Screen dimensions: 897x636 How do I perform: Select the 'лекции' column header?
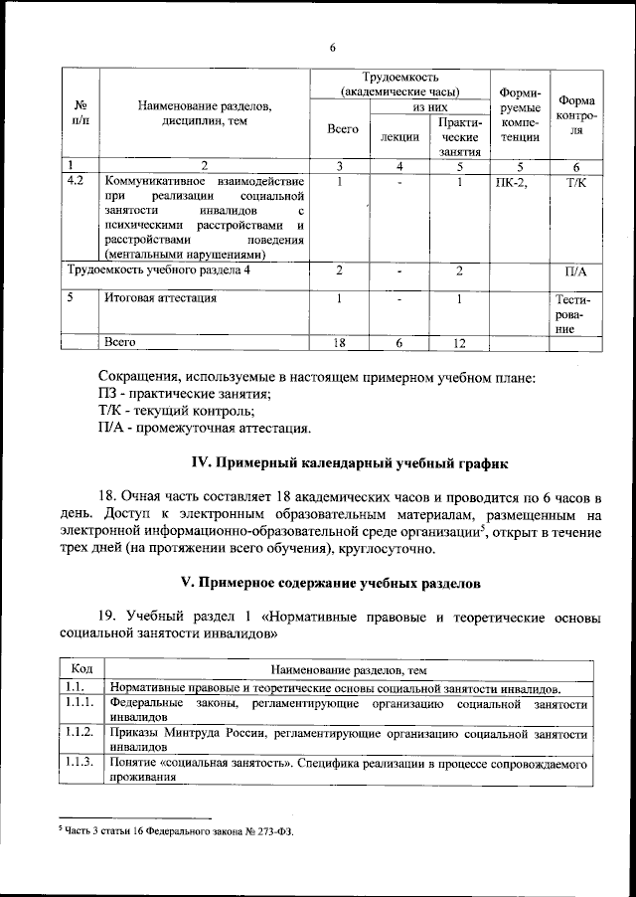click(x=399, y=136)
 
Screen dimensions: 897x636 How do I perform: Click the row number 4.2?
click(x=75, y=182)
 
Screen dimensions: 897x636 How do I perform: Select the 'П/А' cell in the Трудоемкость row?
click(x=576, y=270)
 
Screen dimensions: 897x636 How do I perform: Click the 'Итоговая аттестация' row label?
click(x=160, y=297)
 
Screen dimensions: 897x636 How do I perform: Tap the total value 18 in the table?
click(x=341, y=342)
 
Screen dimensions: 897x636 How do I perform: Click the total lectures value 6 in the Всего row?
click(x=399, y=342)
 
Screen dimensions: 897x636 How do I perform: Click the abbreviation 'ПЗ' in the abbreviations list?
click(x=110, y=394)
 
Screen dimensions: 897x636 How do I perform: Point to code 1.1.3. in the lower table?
click(x=80, y=763)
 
